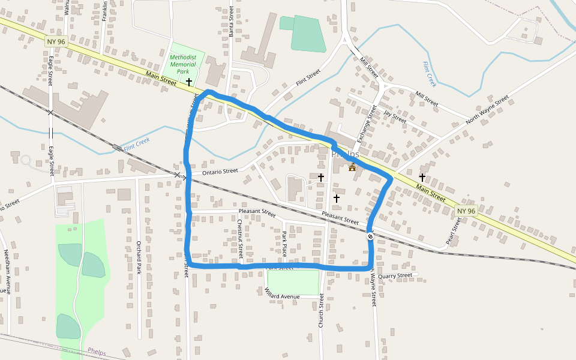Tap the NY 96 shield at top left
tap(56, 42)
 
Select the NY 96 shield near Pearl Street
tap(466, 211)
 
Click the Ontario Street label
tap(220, 172)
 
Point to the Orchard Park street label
tap(138, 257)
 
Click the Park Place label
tap(284, 244)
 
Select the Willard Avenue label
tap(282, 293)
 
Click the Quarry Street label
tap(396, 275)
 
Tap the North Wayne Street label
tap(487, 110)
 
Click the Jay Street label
tap(395, 116)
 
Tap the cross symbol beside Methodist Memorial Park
tap(189, 81)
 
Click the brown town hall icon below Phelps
tap(352, 167)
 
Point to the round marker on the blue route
tap(371, 236)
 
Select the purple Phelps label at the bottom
tap(97, 351)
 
